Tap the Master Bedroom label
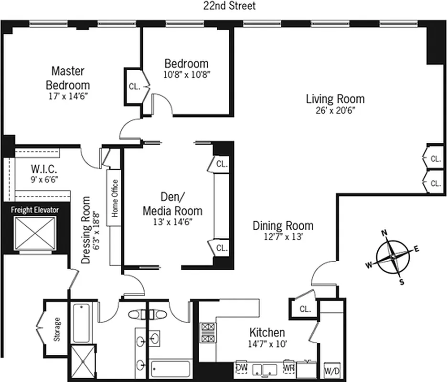pyautogui.click(x=67, y=78)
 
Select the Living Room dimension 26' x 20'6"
pyautogui.click(x=335, y=110)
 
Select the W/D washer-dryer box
pyautogui.click(x=332, y=370)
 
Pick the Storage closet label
pyautogui.click(x=57, y=329)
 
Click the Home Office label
pyautogui.click(x=115, y=198)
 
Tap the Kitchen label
pyautogui.click(x=267, y=332)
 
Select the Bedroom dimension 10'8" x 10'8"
pyautogui.click(x=186, y=74)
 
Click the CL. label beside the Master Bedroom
pyautogui.click(x=134, y=86)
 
